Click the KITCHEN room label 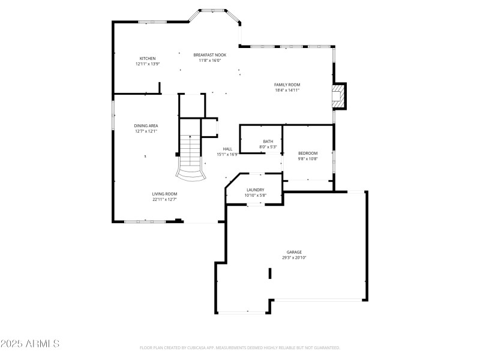[148, 58]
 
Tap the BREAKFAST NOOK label [210, 55]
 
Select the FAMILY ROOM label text [287, 85]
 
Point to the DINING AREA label [146, 125]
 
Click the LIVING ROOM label [164, 194]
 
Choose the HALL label [227, 149]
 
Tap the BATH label [268, 142]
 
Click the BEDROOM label [308, 154]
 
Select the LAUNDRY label [255, 190]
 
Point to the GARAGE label [294, 252]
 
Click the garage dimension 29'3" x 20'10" [294, 257]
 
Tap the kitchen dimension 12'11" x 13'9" [148, 64]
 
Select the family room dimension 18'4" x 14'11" [287, 90]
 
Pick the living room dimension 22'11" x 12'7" [164, 199]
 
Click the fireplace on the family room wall [340, 96]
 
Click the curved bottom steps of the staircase [191, 174]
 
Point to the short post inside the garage [270, 273]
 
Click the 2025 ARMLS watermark [30, 344]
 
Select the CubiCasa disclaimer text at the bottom [240, 347]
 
